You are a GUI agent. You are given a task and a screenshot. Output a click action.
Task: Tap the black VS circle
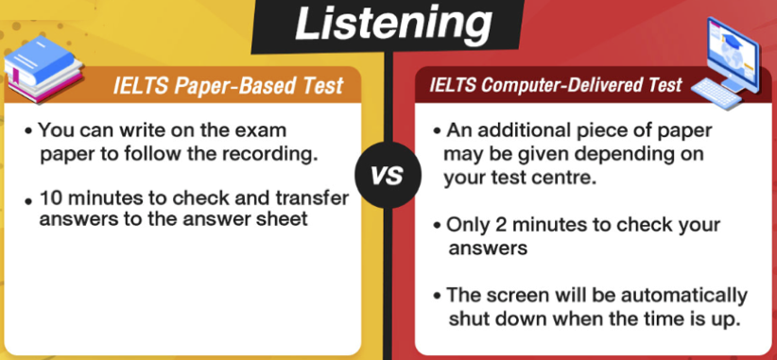pyautogui.click(x=388, y=175)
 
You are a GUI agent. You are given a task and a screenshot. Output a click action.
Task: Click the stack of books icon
pyautogui.click(x=43, y=68)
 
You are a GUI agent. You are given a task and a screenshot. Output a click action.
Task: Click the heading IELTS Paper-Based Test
pyautogui.click(x=229, y=85)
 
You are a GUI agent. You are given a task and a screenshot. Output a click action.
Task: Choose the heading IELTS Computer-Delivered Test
pyautogui.click(x=556, y=85)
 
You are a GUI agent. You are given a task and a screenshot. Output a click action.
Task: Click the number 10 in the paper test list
pyautogui.click(x=50, y=198)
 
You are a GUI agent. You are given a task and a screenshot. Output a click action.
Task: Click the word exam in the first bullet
pyautogui.click(x=262, y=131)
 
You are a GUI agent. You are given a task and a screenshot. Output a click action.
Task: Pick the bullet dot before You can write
pyautogui.click(x=28, y=131)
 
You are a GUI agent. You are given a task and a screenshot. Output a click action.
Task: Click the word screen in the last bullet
pyautogui.click(x=516, y=296)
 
